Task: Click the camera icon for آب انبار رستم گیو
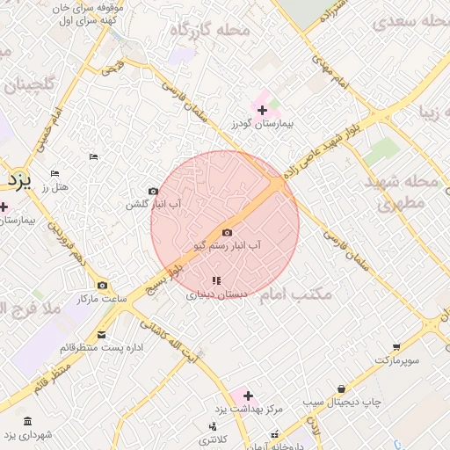[228, 233]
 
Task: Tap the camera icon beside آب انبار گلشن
[154, 192]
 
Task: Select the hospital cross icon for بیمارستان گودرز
[262, 110]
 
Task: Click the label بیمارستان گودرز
[262, 125]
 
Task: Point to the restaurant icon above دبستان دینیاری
[216, 281]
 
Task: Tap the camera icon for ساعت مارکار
[103, 286]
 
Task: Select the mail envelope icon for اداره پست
[101, 335]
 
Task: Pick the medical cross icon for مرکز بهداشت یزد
[248, 396]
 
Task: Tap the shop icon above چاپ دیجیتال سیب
[341, 388]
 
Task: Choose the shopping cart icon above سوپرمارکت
[396, 346]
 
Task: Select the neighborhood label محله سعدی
[408, 21]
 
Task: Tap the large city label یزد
[17, 180]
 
